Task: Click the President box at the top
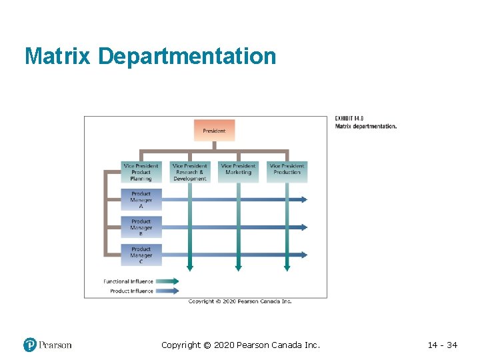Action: (x=214, y=130)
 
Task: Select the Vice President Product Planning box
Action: (x=141, y=172)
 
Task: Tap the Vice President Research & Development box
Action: (x=189, y=172)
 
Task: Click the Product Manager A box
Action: (x=141, y=200)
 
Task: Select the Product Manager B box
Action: (x=141, y=227)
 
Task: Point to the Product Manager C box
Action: (x=141, y=255)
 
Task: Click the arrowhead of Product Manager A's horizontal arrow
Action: (x=303, y=199)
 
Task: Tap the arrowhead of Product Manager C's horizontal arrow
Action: (x=303, y=255)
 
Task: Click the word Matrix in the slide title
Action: (x=58, y=56)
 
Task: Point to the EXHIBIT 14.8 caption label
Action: (x=349, y=119)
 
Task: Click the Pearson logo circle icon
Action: (x=30, y=345)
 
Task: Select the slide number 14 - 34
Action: (x=442, y=345)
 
